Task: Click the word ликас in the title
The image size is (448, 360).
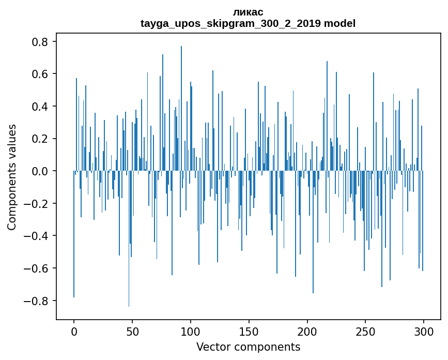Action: (248, 12)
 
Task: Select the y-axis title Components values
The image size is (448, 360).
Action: (12, 177)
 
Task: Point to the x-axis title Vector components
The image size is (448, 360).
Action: (248, 347)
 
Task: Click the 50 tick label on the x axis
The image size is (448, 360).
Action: (132, 331)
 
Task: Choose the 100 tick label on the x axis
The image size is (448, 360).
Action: (191, 331)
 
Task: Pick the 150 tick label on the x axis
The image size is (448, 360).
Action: (249, 331)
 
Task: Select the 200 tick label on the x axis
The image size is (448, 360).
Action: (307, 331)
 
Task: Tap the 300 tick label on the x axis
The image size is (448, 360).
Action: (424, 331)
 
